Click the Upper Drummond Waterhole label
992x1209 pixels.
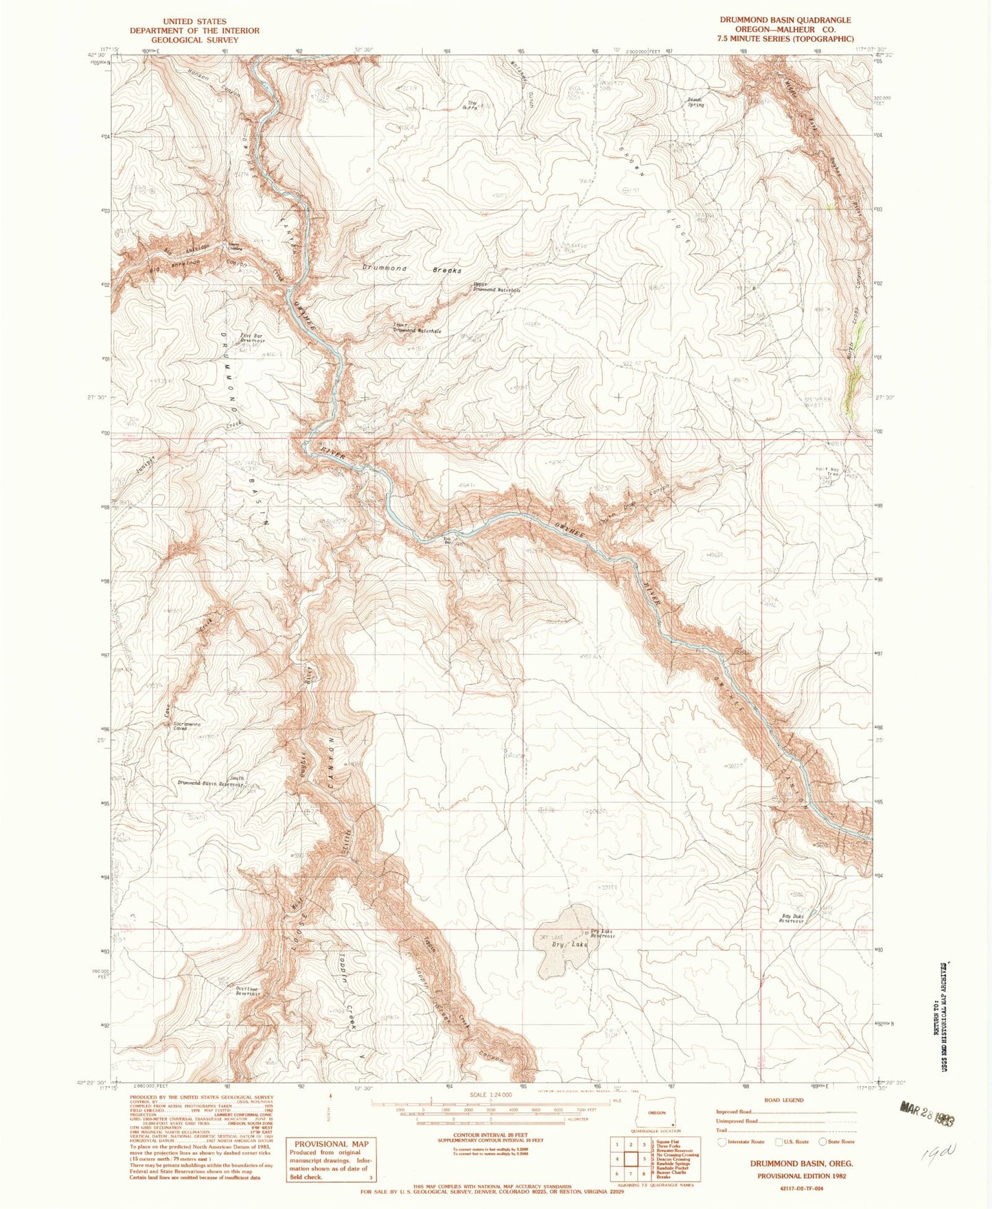[x=496, y=288]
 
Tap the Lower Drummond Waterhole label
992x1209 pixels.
[x=417, y=328]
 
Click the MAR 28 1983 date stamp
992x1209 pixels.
[x=927, y=1111]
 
